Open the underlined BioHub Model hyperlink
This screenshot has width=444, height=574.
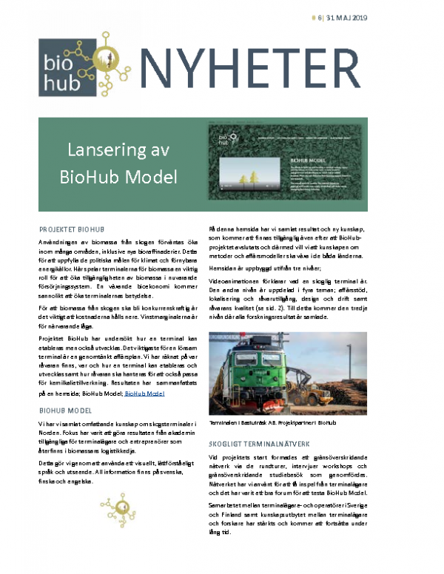[144, 395]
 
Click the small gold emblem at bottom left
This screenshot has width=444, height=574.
[115, 508]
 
